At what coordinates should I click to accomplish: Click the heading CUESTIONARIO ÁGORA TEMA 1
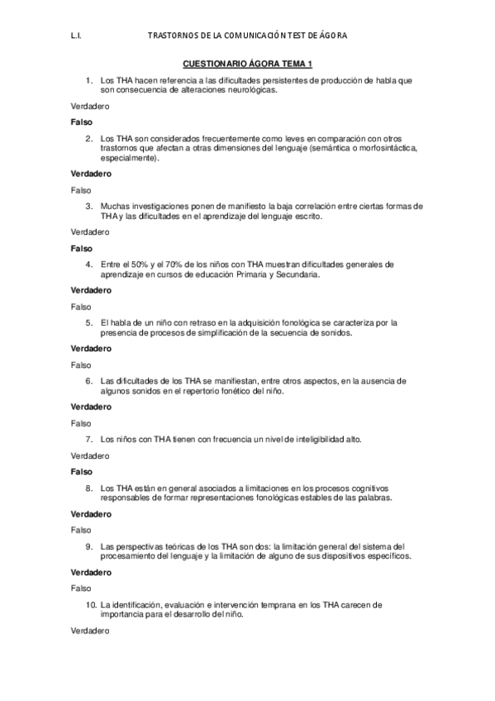[x=248, y=64]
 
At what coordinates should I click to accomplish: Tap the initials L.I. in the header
[x=77, y=36]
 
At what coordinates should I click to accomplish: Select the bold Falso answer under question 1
[x=82, y=122]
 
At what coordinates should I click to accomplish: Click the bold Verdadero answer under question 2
[x=91, y=174]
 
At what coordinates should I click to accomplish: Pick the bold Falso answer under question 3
[x=82, y=247]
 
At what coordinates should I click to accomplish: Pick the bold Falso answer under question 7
[x=82, y=471]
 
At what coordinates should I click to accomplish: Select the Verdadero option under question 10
[x=90, y=631]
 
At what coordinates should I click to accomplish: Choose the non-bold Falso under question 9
[x=81, y=588]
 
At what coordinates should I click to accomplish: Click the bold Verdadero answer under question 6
[x=91, y=407]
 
